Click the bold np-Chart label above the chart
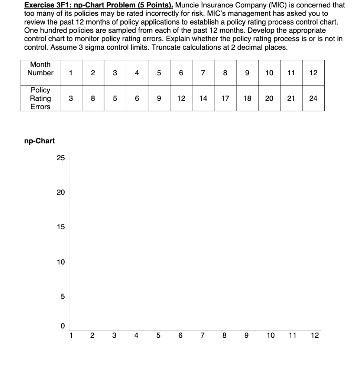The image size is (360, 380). click(x=39, y=141)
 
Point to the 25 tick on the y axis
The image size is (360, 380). click(x=61, y=158)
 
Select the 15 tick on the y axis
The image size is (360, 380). click(x=61, y=227)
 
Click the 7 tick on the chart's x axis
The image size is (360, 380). click(x=202, y=335)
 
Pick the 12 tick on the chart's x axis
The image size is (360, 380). click(x=314, y=335)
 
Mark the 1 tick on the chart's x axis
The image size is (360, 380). click(x=71, y=335)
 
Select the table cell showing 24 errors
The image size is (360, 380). click(x=313, y=98)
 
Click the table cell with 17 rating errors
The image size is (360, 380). click(x=225, y=98)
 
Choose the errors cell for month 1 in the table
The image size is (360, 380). click(x=71, y=98)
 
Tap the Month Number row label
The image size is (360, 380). click(x=40, y=69)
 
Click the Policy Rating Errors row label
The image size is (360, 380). click(x=40, y=98)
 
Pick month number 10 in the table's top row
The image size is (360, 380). click(x=269, y=73)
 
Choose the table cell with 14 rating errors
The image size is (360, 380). click(x=203, y=98)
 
